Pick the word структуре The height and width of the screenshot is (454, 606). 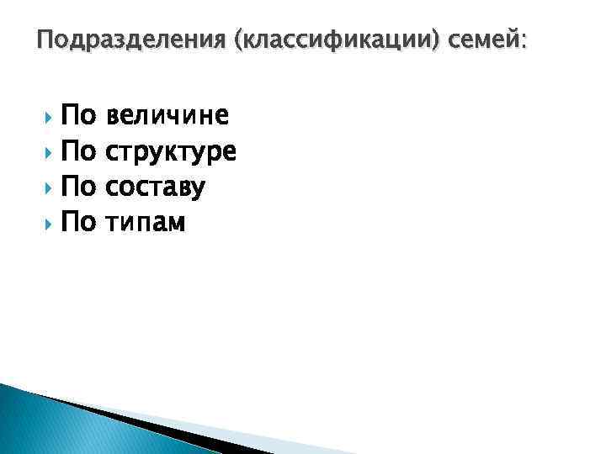click(x=173, y=152)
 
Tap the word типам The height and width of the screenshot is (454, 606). click(x=147, y=223)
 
